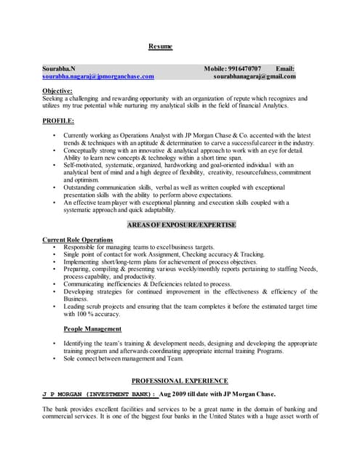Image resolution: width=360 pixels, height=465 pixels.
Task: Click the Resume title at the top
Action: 160,46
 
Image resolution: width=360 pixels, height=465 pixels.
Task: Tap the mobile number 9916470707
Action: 245,68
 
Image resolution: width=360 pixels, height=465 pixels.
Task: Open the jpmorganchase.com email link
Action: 98,76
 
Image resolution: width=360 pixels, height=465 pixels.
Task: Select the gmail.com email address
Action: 255,76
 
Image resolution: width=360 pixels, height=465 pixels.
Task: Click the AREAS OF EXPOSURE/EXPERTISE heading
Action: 182,225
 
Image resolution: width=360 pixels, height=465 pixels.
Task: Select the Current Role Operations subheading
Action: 78,240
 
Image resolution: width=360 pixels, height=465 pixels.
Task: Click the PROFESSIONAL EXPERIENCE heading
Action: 180,381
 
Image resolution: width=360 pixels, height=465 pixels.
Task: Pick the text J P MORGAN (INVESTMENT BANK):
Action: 99,393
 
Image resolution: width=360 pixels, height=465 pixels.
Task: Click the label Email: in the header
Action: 285,68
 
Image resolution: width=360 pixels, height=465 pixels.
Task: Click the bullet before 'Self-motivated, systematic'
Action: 55,166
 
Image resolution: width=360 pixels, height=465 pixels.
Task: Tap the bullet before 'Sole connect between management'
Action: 55,358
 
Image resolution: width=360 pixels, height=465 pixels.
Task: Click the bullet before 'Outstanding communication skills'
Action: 55,187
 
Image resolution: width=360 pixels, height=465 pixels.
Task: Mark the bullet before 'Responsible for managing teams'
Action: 55,247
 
